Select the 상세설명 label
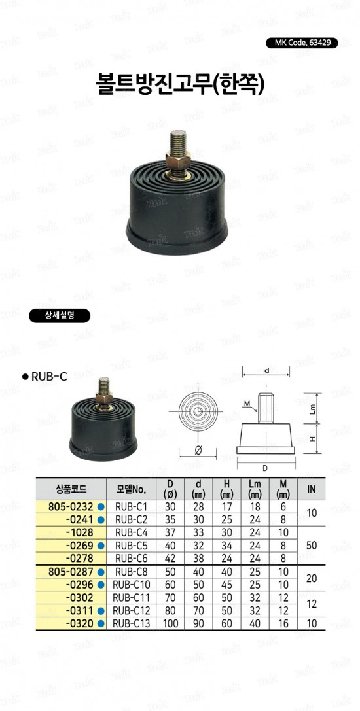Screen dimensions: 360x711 (x=60, y=317)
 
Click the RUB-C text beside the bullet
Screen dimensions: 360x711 (x=49, y=376)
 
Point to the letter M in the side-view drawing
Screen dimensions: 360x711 (x=247, y=403)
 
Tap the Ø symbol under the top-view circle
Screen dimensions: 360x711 (x=198, y=450)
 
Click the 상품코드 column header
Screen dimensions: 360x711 (x=71, y=489)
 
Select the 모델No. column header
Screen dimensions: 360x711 (x=131, y=489)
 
